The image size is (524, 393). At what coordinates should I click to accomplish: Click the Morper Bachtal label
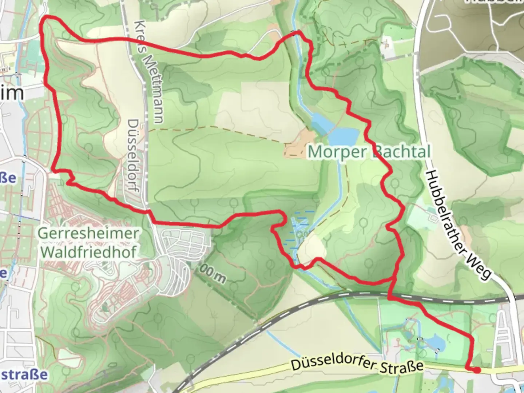(369, 151)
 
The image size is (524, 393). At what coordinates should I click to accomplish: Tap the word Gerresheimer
(88, 233)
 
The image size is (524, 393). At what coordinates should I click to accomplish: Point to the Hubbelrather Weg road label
(458, 225)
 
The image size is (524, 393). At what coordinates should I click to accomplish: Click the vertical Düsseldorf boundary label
(134, 156)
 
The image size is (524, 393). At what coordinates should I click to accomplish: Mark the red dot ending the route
(476, 370)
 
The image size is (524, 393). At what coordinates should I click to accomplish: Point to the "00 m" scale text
(213, 275)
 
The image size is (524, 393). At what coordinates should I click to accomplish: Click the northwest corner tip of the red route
(44, 17)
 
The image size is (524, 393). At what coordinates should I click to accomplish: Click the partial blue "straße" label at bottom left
(23, 374)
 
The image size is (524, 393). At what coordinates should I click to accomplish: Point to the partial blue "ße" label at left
(8, 178)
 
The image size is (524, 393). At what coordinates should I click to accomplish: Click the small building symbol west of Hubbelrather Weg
(433, 218)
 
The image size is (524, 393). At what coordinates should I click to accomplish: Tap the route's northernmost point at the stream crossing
(298, 33)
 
